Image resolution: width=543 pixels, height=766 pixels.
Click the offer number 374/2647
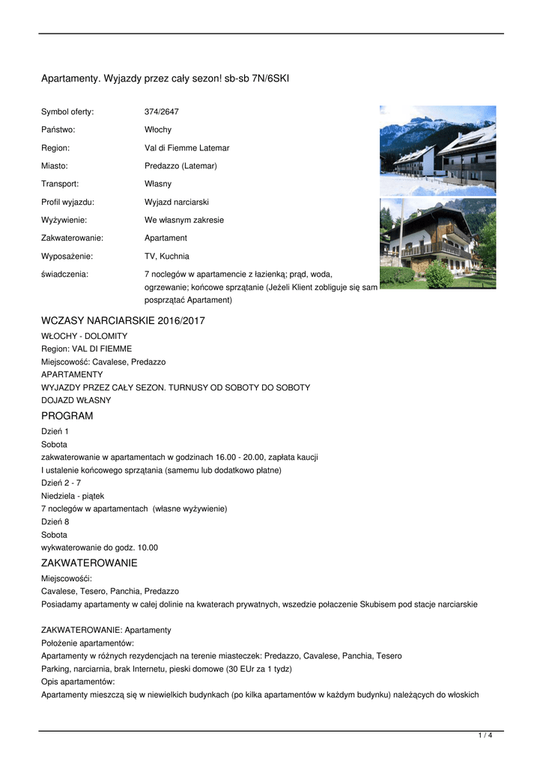tap(162, 112)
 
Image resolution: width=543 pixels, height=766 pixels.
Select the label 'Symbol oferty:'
tap(67, 112)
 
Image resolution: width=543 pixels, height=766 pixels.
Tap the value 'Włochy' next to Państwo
tap(158, 130)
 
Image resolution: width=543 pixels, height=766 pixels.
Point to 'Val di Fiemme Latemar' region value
tap(187, 148)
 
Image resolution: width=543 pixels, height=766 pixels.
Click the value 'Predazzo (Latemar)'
tap(181, 166)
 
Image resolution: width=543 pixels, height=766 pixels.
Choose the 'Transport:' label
tap(60, 184)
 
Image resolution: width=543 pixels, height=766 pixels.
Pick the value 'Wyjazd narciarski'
tap(177, 202)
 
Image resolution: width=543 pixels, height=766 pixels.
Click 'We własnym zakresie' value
tap(184, 220)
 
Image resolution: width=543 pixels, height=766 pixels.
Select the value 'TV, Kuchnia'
tap(167, 256)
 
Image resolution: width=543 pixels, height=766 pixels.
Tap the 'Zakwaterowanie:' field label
tap(72, 238)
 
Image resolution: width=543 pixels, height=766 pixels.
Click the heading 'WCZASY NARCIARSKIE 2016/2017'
tap(123, 321)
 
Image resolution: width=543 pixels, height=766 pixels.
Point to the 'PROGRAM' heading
tap(67, 416)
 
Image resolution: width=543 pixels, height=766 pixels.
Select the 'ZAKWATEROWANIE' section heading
tap(89, 563)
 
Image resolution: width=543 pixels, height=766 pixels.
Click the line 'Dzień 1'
tap(55, 432)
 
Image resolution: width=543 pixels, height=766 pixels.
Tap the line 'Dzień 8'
tap(55, 521)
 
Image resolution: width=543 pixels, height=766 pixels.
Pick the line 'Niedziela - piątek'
tap(73, 495)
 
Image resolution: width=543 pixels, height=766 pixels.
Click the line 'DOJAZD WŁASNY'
tap(76, 400)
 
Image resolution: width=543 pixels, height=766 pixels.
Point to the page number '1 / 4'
tap(485, 736)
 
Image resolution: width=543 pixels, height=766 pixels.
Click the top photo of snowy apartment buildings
tap(437, 150)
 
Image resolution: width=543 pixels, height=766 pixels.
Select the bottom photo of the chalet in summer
tap(437, 243)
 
